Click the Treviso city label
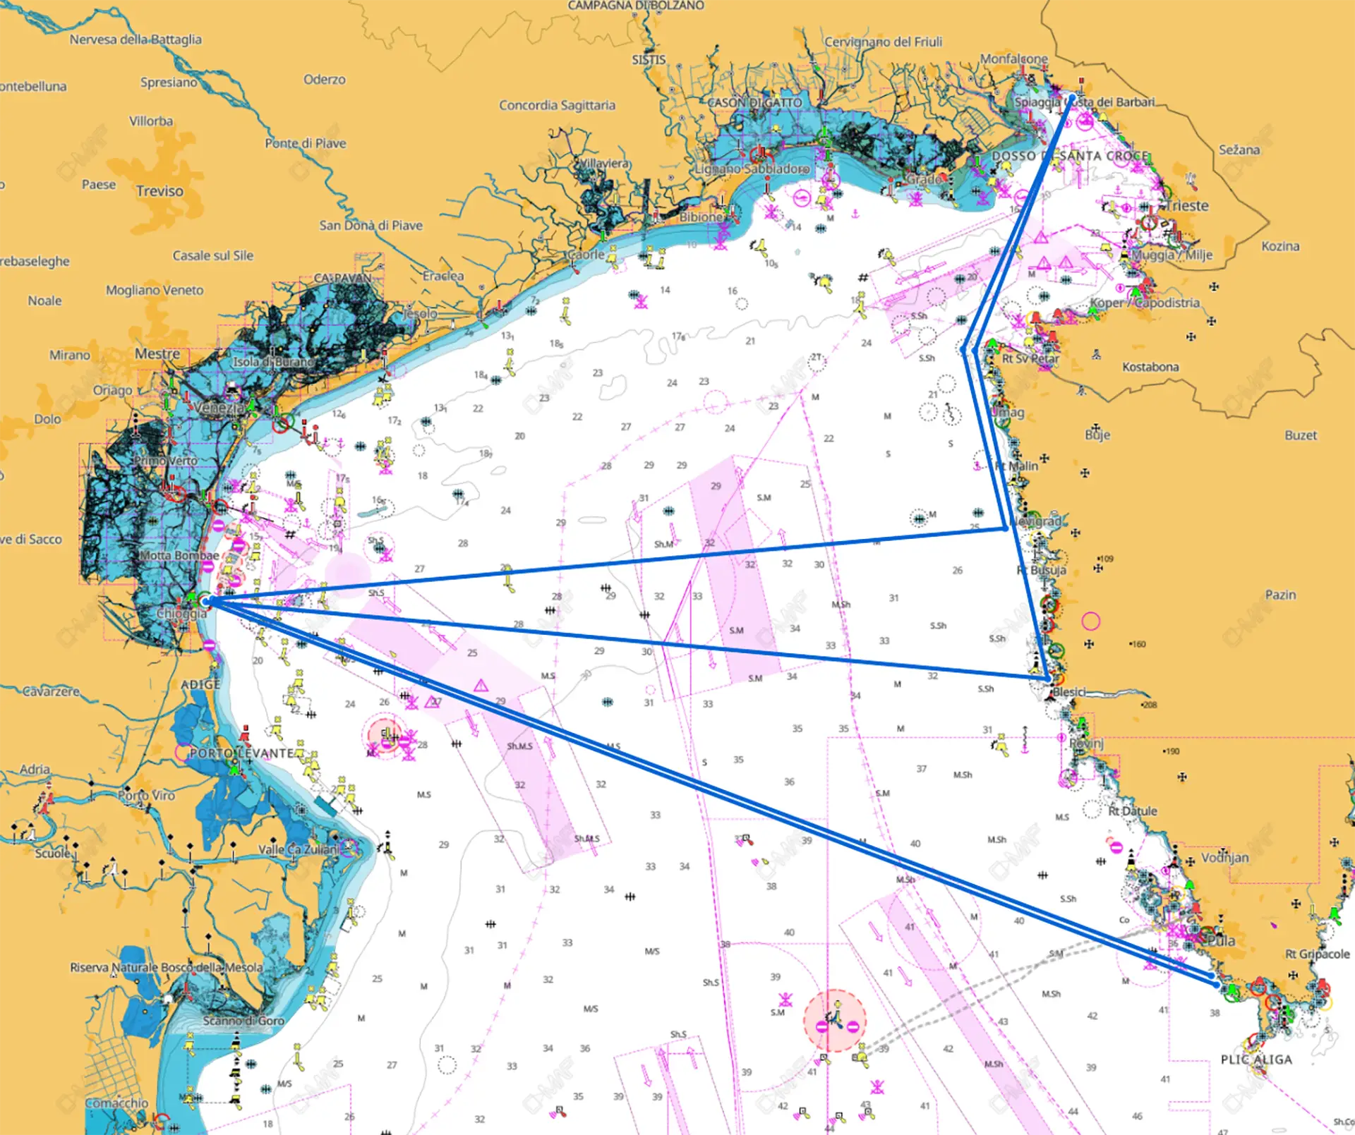click(159, 191)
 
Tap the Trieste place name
click(1187, 206)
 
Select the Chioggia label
click(181, 613)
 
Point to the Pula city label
click(1221, 941)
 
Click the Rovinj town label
click(1086, 743)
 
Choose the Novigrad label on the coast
click(1035, 521)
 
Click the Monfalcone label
click(1013, 59)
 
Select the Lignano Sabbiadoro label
click(752, 169)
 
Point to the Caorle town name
click(586, 255)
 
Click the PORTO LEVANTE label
click(241, 753)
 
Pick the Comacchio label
click(117, 1103)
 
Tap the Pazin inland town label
click(1280, 595)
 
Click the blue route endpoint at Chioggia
click(205, 602)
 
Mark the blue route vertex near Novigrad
click(1006, 528)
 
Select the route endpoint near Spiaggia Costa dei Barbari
click(1072, 97)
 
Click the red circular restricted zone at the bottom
click(835, 1021)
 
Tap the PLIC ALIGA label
click(1256, 1060)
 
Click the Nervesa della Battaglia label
click(135, 40)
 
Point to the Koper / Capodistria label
click(1145, 303)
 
